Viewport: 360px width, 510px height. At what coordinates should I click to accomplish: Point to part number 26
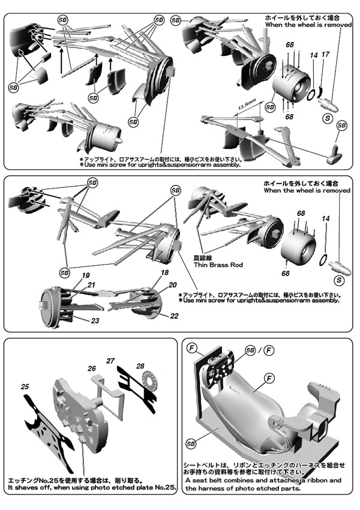(92, 368)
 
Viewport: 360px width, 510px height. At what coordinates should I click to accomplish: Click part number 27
(110, 361)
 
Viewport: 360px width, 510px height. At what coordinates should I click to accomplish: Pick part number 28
(140, 366)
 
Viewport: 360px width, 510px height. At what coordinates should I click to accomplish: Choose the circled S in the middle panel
(340, 280)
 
